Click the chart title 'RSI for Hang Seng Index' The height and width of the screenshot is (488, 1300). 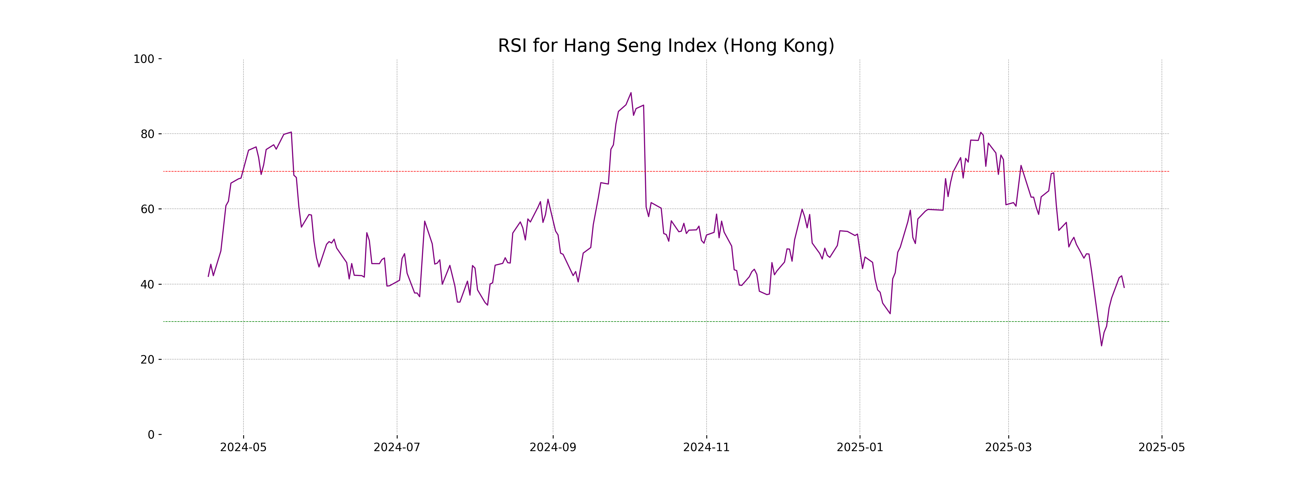pos(666,46)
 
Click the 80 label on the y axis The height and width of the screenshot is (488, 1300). pos(147,134)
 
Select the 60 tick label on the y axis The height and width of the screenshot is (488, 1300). pos(147,209)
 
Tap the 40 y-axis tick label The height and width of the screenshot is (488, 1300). pos(147,284)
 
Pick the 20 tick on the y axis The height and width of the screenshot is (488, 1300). pos(147,360)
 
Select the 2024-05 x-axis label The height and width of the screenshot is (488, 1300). pos(243,447)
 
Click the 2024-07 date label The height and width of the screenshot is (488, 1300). pos(397,447)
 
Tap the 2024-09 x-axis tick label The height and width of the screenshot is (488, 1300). pos(552,447)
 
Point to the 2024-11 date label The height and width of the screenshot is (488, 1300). pos(706,447)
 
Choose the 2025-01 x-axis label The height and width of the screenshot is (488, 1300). pos(860,447)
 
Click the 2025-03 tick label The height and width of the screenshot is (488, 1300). pos(1008,447)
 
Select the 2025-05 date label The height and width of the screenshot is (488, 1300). pos(1162,447)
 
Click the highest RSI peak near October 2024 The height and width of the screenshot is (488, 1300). pos(631,93)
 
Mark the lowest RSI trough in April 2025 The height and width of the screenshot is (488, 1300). pos(1101,346)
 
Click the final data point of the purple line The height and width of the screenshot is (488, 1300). pos(1124,287)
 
